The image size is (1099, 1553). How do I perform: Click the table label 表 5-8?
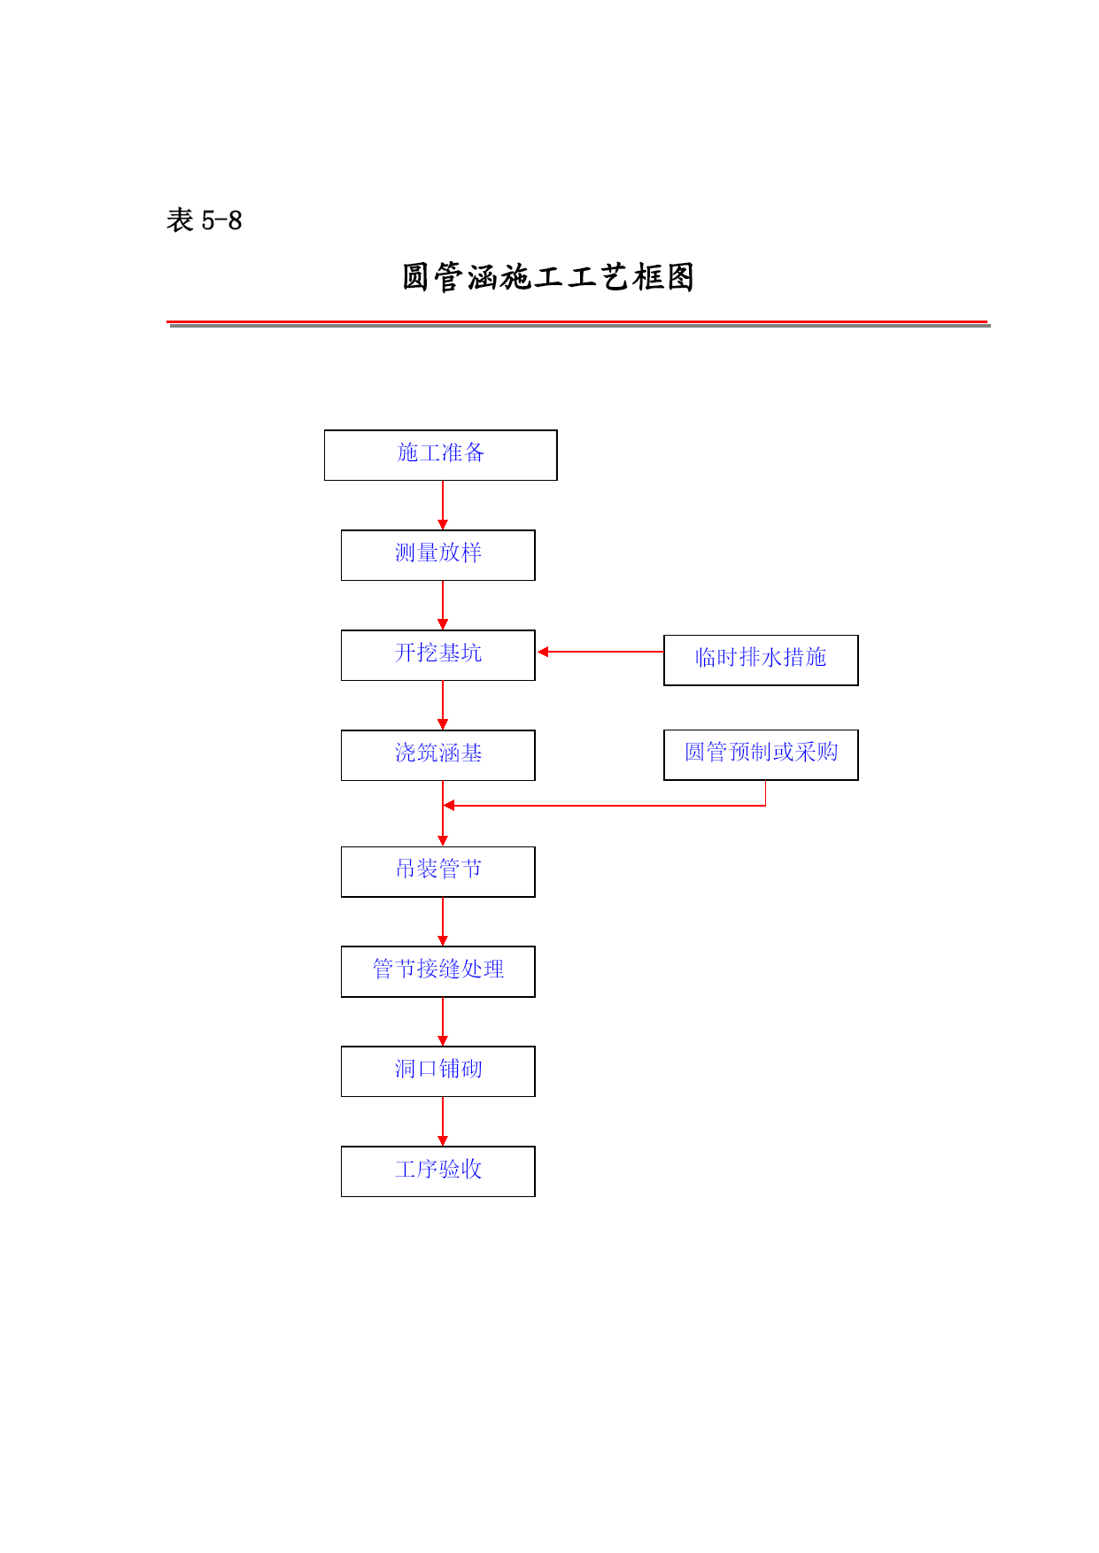(x=204, y=220)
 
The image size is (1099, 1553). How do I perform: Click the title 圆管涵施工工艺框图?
(x=548, y=277)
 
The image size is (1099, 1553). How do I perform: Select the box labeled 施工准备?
(x=441, y=455)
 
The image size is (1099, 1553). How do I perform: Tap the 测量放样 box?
(x=438, y=555)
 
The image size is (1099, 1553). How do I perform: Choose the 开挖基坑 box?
(x=438, y=655)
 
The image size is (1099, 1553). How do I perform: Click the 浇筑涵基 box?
(x=438, y=755)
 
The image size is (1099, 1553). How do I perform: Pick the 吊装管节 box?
(x=438, y=871)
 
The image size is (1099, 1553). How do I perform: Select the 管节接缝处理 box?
(x=438, y=971)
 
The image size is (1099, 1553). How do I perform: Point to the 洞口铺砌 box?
(x=438, y=1071)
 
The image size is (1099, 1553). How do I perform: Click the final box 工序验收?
(x=438, y=1171)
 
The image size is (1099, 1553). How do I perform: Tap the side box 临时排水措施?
(x=761, y=660)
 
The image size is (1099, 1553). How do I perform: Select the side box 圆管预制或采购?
(x=761, y=754)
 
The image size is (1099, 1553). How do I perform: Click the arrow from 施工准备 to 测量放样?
(x=443, y=506)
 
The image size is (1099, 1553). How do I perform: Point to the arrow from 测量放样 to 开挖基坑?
(x=443, y=606)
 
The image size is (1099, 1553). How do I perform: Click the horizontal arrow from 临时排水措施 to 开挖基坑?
(x=600, y=652)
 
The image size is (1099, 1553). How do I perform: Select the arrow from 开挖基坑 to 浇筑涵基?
(x=443, y=706)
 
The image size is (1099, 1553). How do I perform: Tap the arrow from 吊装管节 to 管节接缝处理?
(x=443, y=922)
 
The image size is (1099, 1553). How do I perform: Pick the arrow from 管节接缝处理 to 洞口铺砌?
(x=443, y=1022)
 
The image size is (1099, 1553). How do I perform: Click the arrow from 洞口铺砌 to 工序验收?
(x=443, y=1122)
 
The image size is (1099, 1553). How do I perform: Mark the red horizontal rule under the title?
(x=577, y=321)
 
